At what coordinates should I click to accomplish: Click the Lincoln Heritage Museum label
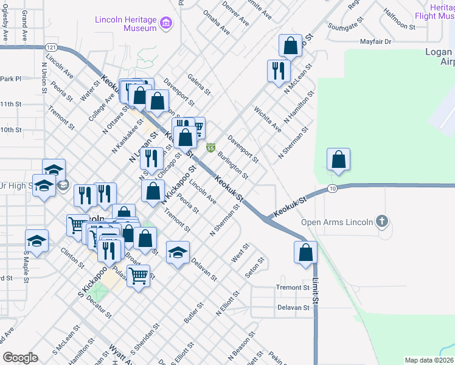tap(126, 24)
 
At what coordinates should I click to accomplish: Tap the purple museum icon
tap(165, 24)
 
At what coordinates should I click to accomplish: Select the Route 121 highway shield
tap(52, 47)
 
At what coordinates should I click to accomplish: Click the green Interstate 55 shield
tap(210, 148)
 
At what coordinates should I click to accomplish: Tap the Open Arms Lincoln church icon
tap(381, 221)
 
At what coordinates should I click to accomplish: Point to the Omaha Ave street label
tap(217, 22)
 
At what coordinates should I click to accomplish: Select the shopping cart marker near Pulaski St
tap(139, 276)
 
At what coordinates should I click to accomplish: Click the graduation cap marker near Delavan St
tap(178, 252)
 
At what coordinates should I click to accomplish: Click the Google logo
tap(20, 358)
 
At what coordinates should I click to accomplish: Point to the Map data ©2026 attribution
tap(429, 360)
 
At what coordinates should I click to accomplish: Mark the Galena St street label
tap(199, 85)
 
